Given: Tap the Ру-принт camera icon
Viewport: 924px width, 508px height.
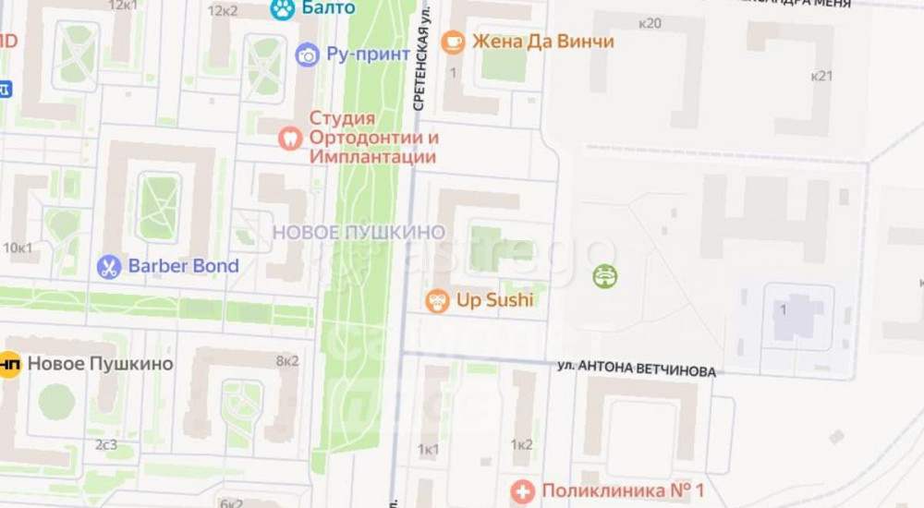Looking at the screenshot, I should click(307, 54).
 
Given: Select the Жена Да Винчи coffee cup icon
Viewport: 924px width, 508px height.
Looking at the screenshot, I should click(453, 42).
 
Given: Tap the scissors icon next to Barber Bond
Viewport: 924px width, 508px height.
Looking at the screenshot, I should click(109, 267).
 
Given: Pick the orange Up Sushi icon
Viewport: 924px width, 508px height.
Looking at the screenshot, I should click(437, 300).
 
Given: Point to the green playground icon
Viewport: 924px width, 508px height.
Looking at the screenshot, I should click(605, 275).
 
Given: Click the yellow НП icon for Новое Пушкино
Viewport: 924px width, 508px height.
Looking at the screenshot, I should click(9, 364).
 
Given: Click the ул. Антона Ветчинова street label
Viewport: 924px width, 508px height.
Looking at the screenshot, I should click(637, 369).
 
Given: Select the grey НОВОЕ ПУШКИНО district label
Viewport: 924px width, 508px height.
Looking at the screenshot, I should click(359, 232).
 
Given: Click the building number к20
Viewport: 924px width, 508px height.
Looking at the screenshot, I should click(650, 23).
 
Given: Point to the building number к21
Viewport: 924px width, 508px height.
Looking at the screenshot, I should click(821, 76).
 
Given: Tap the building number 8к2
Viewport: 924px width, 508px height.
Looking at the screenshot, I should click(287, 361).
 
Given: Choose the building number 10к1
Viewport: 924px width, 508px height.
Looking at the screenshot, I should click(18, 248).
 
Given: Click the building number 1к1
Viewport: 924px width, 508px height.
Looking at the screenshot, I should click(428, 450).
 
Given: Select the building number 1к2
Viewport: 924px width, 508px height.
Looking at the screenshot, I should click(521, 445).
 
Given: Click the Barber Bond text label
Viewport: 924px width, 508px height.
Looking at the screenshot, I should click(183, 266).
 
